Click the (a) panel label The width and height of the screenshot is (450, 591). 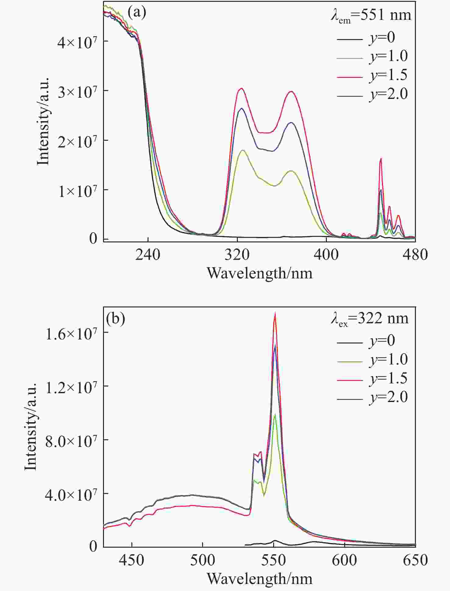[137, 13]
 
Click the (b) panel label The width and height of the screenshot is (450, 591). [115, 319]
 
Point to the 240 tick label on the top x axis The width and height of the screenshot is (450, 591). [148, 254]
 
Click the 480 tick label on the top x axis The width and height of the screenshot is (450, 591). [415, 254]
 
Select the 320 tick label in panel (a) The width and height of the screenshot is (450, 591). [237, 254]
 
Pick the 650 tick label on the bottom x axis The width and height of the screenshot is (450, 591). [415, 560]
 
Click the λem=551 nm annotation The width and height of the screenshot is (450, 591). [371, 16]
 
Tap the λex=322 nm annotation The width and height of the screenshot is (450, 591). [370, 319]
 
